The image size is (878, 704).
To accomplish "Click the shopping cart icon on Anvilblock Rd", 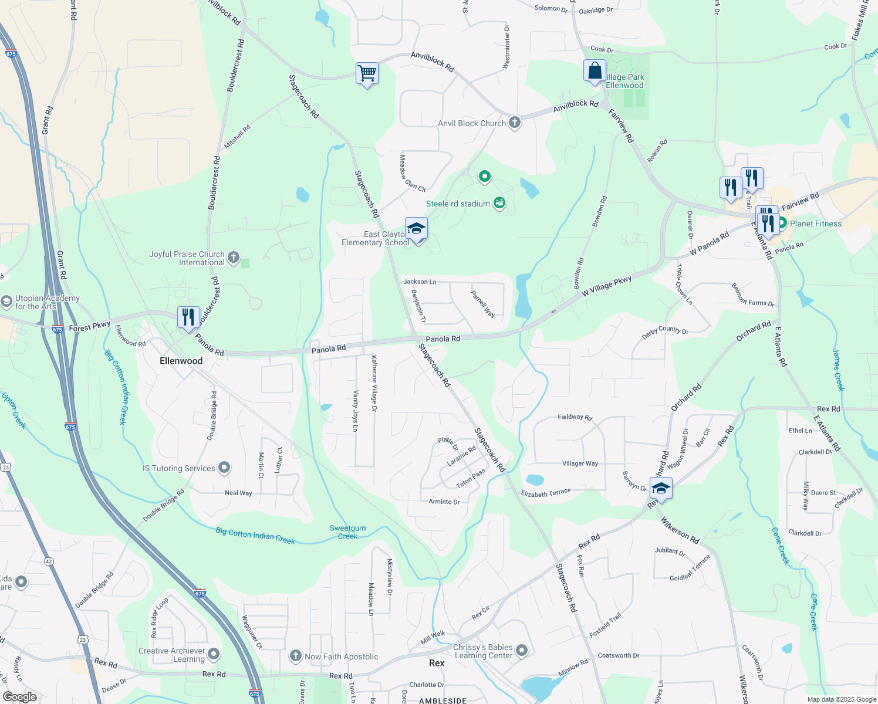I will pyautogui.click(x=367, y=74).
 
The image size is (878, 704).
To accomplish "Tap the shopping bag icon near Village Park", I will pyautogui.click(x=595, y=71).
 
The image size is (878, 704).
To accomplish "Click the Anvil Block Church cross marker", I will pyautogui.click(x=514, y=123).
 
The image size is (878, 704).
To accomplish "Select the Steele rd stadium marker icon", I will pyautogui.click(x=499, y=203).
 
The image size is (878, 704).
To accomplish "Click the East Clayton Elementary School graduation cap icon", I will pyautogui.click(x=416, y=229).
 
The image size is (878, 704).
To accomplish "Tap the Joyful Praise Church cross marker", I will pyautogui.click(x=234, y=258).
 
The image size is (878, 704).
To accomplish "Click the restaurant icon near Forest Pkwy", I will pyautogui.click(x=188, y=317).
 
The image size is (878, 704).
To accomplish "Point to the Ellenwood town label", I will pyautogui.click(x=181, y=361).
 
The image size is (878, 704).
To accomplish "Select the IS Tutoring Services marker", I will pyautogui.click(x=224, y=468).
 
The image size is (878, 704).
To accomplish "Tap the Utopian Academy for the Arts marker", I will pyautogui.click(x=6, y=302).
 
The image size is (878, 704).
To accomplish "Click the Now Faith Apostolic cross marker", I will pyautogui.click(x=296, y=656).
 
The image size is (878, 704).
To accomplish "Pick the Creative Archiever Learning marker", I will pyautogui.click(x=214, y=654).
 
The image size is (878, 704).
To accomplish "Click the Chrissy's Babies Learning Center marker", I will pyautogui.click(x=522, y=650).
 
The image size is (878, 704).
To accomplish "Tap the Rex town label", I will pyautogui.click(x=437, y=663).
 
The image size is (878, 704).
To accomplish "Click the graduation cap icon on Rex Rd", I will pyautogui.click(x=661, y=488).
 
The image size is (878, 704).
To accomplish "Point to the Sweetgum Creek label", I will pyautogui.click(x=347, y=532).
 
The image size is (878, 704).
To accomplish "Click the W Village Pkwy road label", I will pyautogui.click(x=606, y=286).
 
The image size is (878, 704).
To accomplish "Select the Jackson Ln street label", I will pyautogui.click(x=420, y=282).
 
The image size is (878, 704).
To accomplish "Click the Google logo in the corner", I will pyautogui.click(x=20, y=696).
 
